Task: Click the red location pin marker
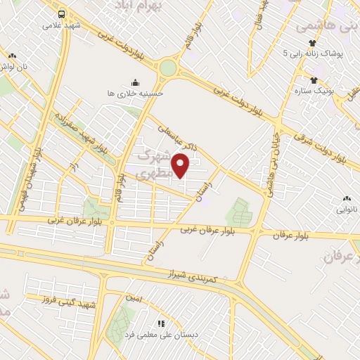pyautogui.click(x=181, y=166)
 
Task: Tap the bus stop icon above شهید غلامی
pyautogui.click(x=62, y=13)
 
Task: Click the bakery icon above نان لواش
pyautogui.click(x=12, y=55)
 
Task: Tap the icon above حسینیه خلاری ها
pyautogui.click(x=135, y=81)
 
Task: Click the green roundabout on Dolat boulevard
pyautogui.click(x=168, y=67)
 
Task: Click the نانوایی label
pyautogui.click(x=347, y=210)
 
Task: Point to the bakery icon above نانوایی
pyautogui.click(x=347, y=198)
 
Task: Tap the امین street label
pyautogui.click(x=134, y=298)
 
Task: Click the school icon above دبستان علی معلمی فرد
pyautogui.click(x=161, y=324)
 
